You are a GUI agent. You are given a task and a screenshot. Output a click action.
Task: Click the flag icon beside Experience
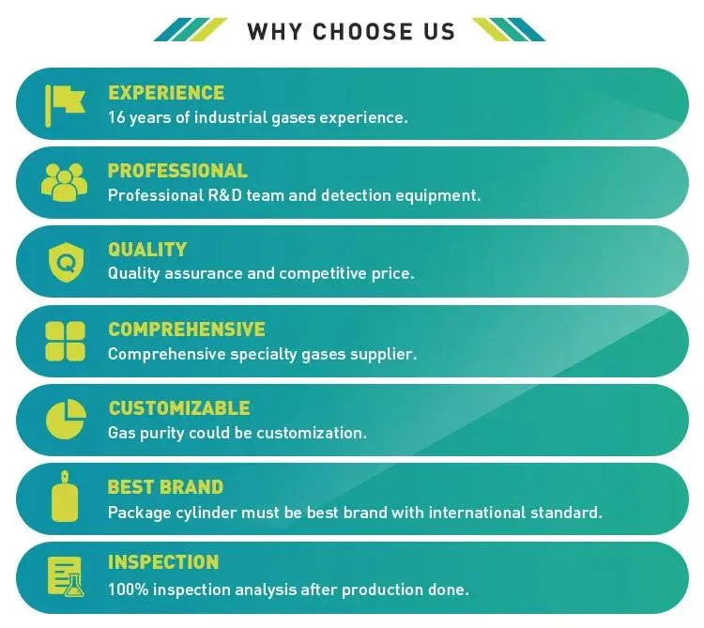pos(64,103)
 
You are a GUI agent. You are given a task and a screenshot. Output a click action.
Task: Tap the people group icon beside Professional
pos(64,181)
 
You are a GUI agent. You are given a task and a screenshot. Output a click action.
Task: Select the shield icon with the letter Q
pos(65,262)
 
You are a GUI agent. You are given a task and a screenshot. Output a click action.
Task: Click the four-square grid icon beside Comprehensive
pos(65,341)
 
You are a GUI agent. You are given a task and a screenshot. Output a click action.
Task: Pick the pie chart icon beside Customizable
pos(65,420)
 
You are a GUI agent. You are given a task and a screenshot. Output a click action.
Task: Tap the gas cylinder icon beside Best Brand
pos(65,498)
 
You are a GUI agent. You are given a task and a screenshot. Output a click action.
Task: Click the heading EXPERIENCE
pos(166,93)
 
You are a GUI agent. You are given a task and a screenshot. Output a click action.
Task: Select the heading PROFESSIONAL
pos(177,171)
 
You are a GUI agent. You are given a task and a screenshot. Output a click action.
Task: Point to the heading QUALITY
pos(147,250)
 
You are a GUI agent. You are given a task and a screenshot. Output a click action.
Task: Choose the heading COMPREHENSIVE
pos(187,329)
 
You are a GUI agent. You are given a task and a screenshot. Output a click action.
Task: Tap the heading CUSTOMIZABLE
pos(179,408)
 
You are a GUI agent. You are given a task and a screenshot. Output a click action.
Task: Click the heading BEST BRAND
pos(165,487)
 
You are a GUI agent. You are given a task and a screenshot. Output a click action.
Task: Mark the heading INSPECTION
pos(163,562)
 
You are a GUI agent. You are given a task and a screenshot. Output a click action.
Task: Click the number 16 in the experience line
pos(117,117)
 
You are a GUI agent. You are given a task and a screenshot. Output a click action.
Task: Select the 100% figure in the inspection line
pos(126,590)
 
